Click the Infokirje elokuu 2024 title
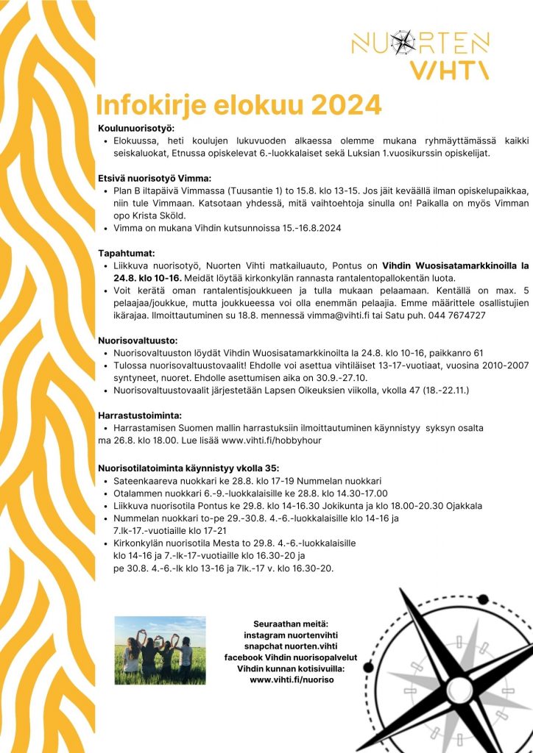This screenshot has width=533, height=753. [x=239, y=104]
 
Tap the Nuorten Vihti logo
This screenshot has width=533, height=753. [x=420, y=54]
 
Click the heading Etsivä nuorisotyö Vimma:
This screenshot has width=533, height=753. [x=155, y=178]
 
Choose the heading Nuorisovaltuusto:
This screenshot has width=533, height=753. [x=138, y=340]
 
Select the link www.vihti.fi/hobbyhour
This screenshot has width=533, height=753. [x=271, y=440]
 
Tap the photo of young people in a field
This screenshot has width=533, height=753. [x=160, y=645]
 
